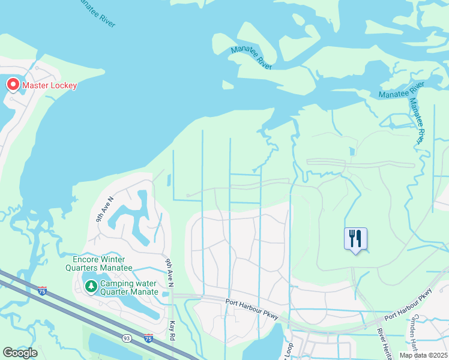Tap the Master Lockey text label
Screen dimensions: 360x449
pyautogui.click(x=50, y=85)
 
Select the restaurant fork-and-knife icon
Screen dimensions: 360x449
pyautogui.click(x=355, y=238)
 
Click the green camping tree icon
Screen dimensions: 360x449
pyautogui.click(x=91, y=287)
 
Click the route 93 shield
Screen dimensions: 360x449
pyautogui.click(x=128, y=338)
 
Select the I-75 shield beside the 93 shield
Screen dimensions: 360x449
pyautogui.click(x=148, y=339)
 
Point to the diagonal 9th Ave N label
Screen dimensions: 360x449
pyautogui.click(x=105, y=209)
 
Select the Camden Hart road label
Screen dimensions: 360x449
pyautogui.click(x=415, y=333)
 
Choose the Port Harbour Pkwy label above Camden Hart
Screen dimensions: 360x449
pyautogui.click(x=408, y=304)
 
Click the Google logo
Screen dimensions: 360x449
pyautogui.click(x=20, y=353)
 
